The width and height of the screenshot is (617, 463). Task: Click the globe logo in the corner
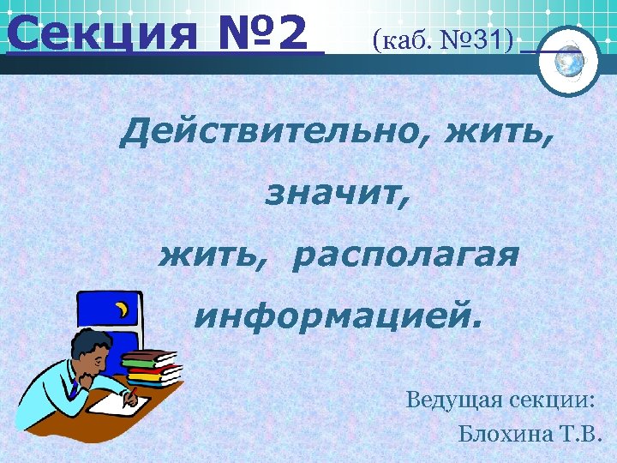click(x=569, y=61)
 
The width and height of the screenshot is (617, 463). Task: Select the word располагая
click(x=404, y=256)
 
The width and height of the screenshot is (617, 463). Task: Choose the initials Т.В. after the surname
click(x=582, y=431)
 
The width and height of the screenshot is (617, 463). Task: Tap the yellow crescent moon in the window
click(x=123, y=307)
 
